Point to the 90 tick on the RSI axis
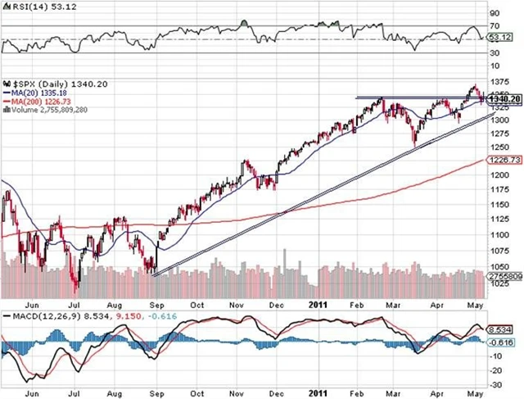coord(495,13)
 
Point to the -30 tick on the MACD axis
coord(496,383)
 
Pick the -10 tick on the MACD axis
coord(496,357)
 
